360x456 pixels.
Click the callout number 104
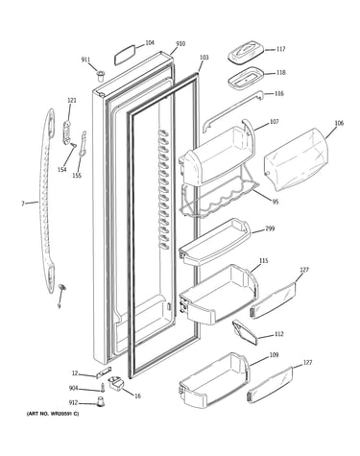150,42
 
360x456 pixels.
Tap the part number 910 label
180,44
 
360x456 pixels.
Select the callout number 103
204,58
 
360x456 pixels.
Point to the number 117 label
280,49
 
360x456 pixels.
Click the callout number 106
339,123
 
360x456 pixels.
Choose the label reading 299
270,228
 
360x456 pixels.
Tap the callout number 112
279,334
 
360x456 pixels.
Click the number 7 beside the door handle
23,204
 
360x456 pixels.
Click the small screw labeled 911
101,76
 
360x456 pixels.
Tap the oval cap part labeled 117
246,53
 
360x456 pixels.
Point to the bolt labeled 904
103,387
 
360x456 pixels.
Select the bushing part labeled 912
101,401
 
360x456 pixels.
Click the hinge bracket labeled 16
117,383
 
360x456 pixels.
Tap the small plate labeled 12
104,372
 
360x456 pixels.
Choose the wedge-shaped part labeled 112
245,332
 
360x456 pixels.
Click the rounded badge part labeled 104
125,55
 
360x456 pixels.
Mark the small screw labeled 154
74,145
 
